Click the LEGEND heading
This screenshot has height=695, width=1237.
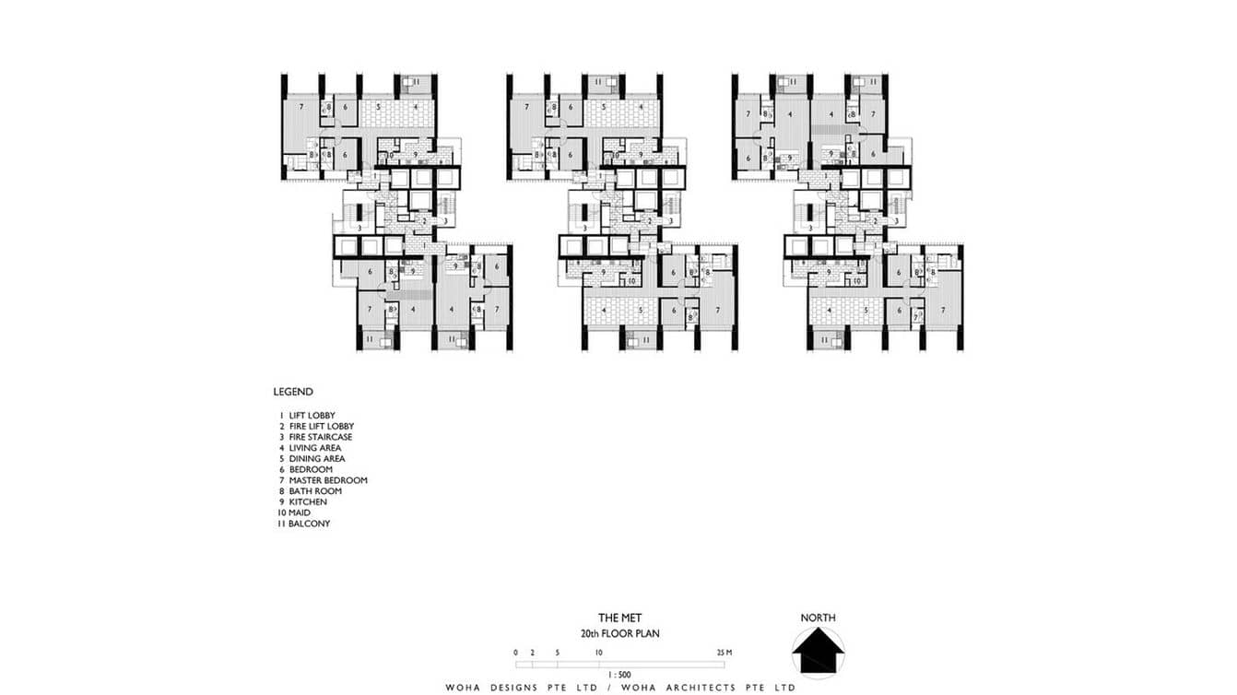293,392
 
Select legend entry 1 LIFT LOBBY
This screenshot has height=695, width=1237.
307,416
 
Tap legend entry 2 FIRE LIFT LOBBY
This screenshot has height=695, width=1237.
315,427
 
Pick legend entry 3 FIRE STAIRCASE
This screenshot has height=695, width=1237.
315,437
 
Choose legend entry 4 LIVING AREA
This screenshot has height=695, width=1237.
310,448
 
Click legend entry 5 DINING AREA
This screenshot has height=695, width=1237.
312,459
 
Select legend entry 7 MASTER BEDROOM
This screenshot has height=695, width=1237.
323,480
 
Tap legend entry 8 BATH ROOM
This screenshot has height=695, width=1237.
310,491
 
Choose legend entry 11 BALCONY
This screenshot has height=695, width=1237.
303,524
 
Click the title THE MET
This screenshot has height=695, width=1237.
619,618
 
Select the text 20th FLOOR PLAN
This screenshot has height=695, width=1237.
619,634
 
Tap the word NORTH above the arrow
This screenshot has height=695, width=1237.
819,618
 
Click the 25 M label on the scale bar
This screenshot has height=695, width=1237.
724,653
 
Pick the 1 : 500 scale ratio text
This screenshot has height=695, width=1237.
619,674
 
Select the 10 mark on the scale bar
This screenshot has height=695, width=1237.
599,653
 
